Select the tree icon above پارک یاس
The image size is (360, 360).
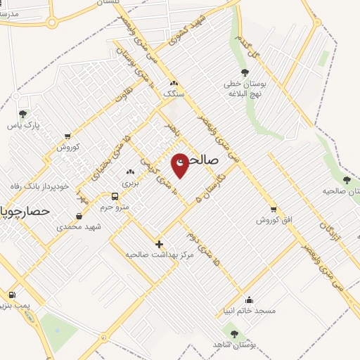(x=22, y=113)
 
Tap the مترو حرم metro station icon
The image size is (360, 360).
(x=115, y=195)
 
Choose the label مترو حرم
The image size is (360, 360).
(x=114, y=207)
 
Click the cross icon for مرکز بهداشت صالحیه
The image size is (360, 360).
(x=159, y=243)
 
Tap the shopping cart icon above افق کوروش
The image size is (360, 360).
(x=274, y=209)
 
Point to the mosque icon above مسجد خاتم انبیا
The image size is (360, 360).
(x=249, y=299)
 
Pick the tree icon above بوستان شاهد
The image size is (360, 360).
(x=234, y=333)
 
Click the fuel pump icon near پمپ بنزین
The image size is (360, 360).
(x=11, y=295)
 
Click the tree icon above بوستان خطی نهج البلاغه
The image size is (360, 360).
(x=245, y=72)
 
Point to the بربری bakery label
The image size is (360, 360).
(x=130, y=182)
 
